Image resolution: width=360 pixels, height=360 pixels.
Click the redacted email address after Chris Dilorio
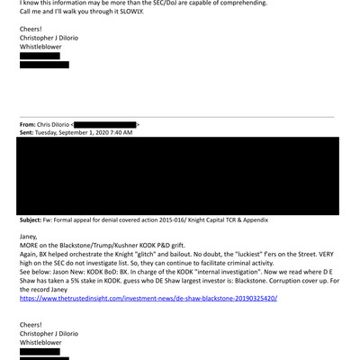point(104,123)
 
